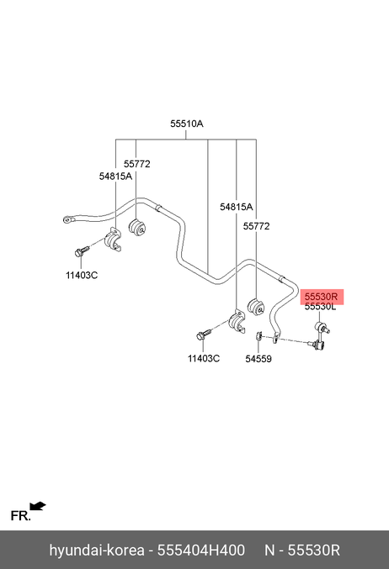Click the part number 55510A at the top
click(187, 124)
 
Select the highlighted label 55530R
click(322, 297)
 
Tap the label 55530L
click(320, 307)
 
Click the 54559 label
click(258, 359)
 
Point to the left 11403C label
click(82, 275)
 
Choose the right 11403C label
click(204, 359)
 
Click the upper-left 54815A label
click(115, 176)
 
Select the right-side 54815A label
click(236, 207)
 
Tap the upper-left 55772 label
click(136, 164)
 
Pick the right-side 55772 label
click(256, 226)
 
